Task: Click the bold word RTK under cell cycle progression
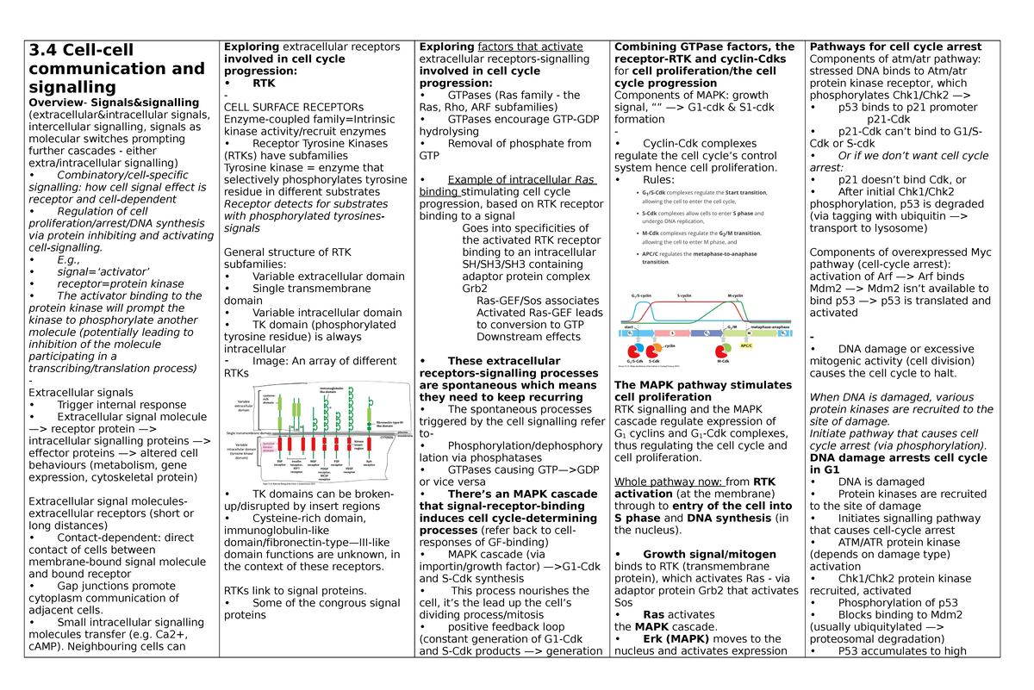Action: tap(264, 84)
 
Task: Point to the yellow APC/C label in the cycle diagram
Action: tap(745, 345)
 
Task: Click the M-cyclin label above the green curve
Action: tap(735, 295)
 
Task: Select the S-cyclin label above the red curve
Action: tap(684, 295)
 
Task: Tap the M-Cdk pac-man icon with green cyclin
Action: tap(721, 351)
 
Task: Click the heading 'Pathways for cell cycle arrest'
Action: tap(895, 47)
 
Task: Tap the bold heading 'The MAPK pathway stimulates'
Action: tap(702, 385)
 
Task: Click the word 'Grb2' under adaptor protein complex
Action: tap(475, 289)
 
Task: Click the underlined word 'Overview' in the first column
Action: tap(55, 103)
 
